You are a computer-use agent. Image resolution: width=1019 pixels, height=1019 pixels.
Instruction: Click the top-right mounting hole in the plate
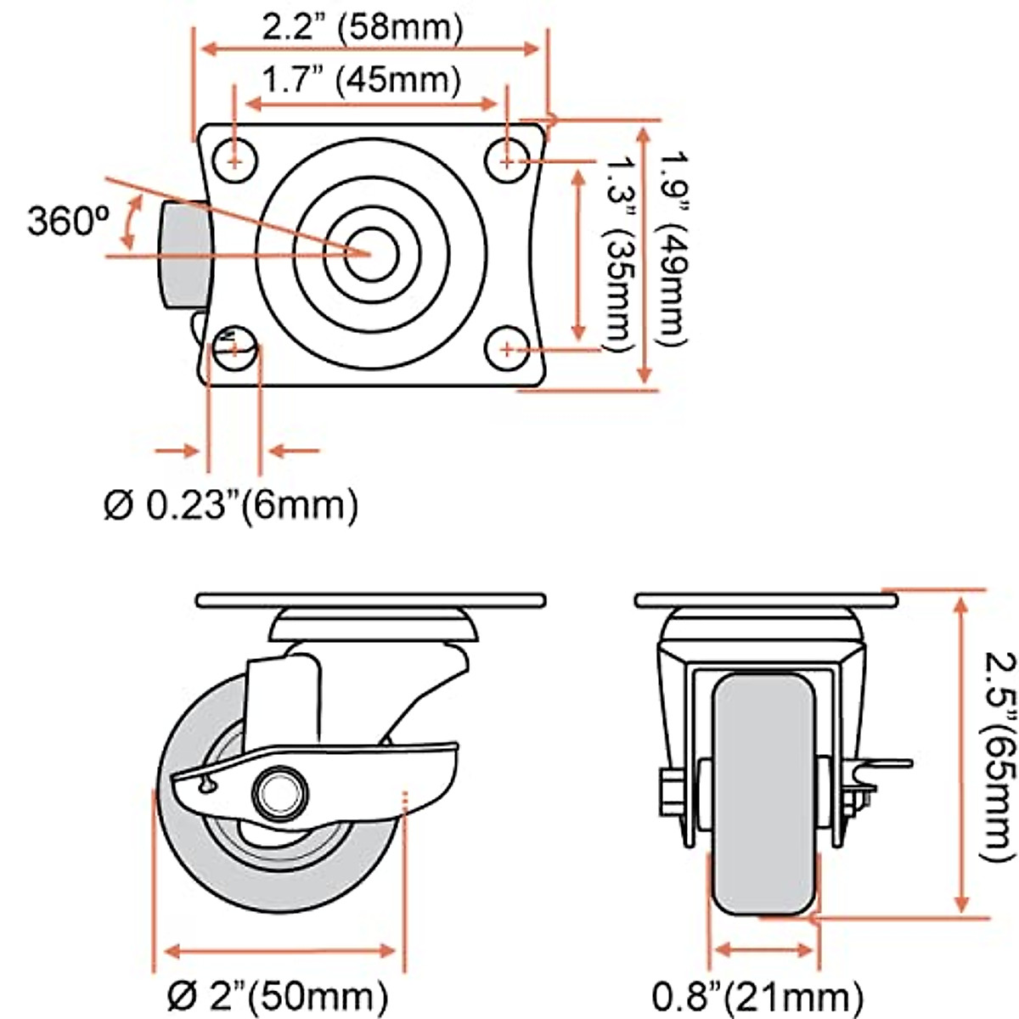point(507,159)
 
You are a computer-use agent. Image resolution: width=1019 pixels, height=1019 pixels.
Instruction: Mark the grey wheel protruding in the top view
point(182,256)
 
